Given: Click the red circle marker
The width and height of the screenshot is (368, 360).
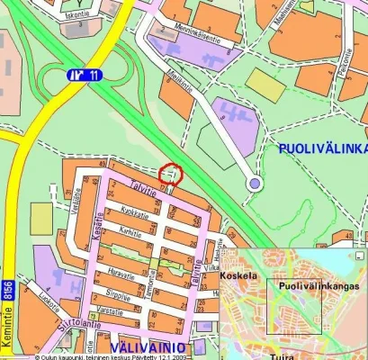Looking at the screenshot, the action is pyautogui.click(x=170, y=174).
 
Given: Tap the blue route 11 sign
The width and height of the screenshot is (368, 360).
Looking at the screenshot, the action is pyautogui.click(x=84, y=75).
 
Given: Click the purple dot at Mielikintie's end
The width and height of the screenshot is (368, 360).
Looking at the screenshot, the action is pyautogui.click(x=255, y=184).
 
